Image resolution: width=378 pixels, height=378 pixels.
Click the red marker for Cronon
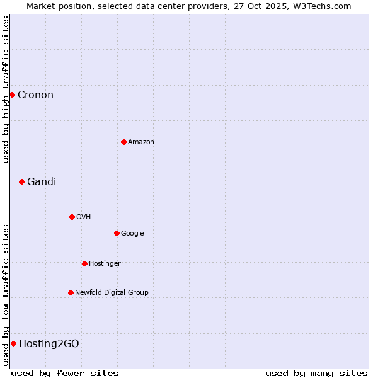12,94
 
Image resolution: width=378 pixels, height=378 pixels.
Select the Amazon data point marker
123,142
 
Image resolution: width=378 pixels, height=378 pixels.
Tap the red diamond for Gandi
21,181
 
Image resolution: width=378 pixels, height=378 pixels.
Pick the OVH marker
72,217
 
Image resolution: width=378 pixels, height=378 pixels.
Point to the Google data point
117,233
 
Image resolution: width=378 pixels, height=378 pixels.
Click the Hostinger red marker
84,263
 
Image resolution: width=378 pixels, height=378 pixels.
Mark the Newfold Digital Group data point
71,292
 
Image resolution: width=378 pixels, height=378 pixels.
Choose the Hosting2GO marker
13,343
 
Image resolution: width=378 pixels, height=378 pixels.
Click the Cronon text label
35,95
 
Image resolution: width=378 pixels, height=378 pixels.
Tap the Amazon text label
141,142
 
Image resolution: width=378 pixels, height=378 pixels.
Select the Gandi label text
42,182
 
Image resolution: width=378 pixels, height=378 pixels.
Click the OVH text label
84,217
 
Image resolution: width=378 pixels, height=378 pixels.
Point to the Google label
132,234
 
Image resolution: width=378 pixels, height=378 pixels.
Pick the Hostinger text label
105,264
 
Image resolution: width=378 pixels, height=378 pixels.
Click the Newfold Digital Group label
112,293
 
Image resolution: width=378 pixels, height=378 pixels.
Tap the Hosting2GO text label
49,344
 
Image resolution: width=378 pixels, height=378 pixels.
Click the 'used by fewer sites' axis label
65,373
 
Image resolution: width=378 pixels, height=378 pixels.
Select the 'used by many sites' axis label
316,373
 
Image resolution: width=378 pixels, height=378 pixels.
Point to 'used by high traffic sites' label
6,89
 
